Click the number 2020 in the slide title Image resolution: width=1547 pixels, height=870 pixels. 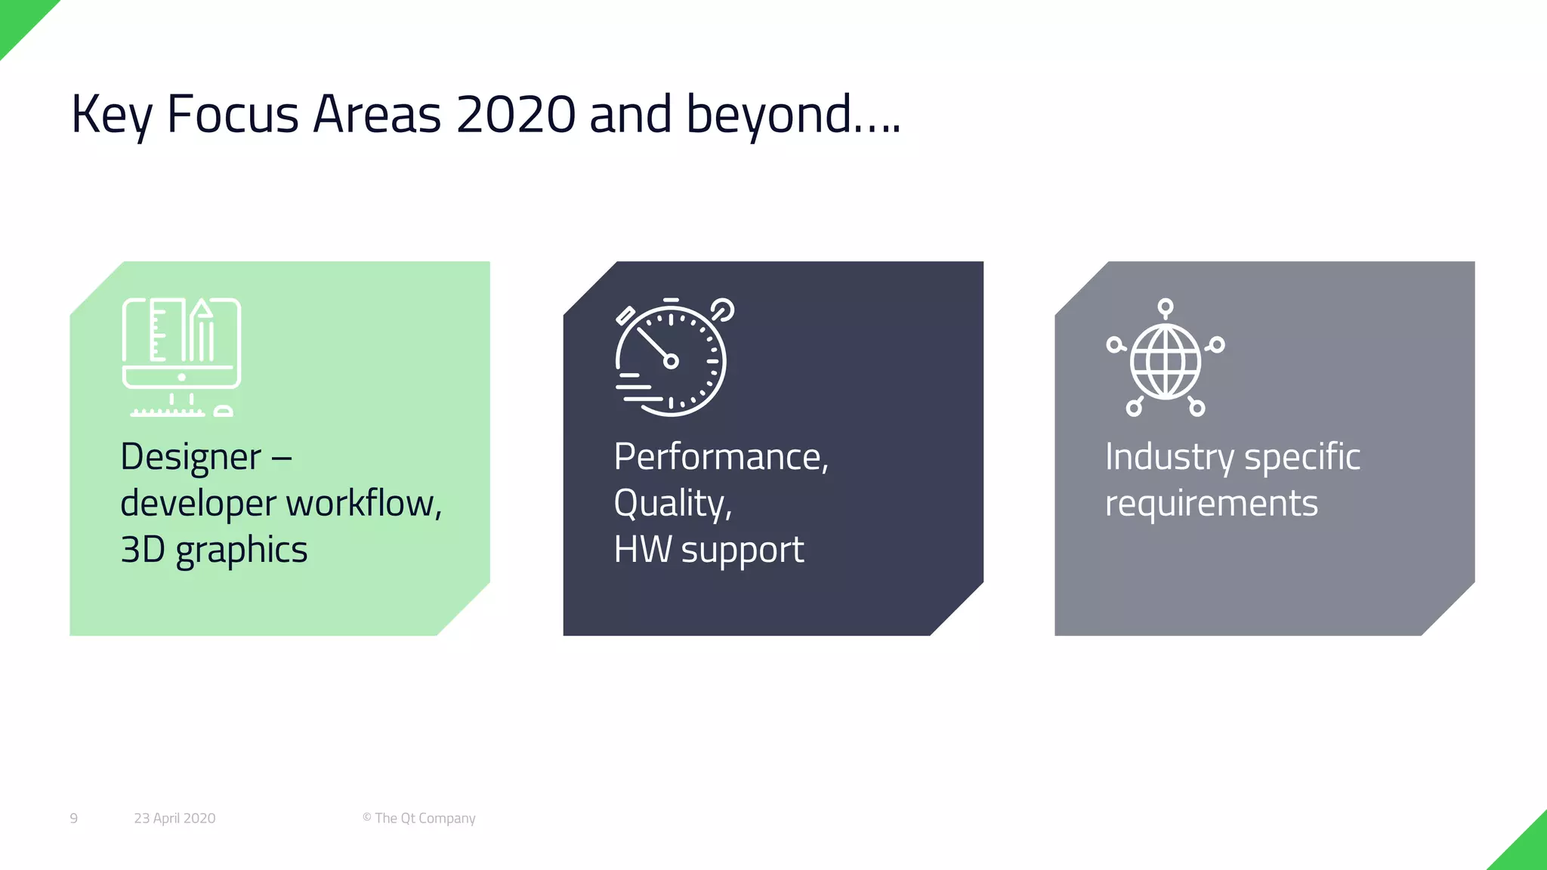(516, 115)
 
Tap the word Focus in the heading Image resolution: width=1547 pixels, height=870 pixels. (232, 115)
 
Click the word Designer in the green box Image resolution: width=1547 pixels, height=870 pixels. (191, 458)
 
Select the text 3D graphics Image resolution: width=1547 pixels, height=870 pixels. (214, 550)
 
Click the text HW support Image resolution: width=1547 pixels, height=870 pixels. (709, 550)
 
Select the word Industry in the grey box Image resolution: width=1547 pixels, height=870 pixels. (1170, 458)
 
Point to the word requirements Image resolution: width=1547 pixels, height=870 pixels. (1211, 504)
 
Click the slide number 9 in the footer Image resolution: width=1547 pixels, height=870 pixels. (73, 819)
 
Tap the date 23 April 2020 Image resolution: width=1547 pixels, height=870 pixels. (174, 819)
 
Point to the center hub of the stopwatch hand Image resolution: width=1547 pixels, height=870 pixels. (671, 361)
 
